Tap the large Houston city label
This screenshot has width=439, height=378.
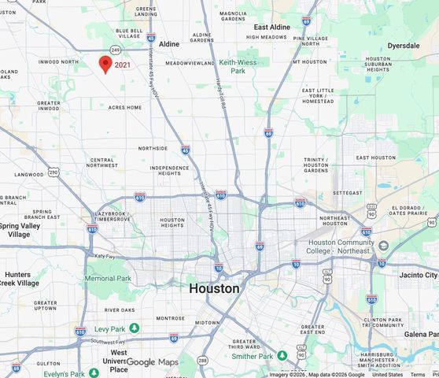coord(214,288)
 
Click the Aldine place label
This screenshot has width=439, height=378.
coord(169,44)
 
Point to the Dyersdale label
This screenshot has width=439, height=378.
coord(404,46)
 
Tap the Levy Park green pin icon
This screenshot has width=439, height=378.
coord(135,328)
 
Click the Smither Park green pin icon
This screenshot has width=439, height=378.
coord(281,356)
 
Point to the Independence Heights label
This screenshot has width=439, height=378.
coord(169,171)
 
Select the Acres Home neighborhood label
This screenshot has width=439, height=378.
coord(125,107)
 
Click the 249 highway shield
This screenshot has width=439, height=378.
coord(114,50)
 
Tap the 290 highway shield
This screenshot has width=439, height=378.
coord(53,171)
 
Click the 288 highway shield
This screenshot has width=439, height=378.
coord(202,361)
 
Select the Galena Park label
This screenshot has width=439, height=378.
coord(422,334)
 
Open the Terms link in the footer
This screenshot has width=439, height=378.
coord(418,374)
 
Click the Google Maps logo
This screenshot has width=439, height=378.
coord(153,362)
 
